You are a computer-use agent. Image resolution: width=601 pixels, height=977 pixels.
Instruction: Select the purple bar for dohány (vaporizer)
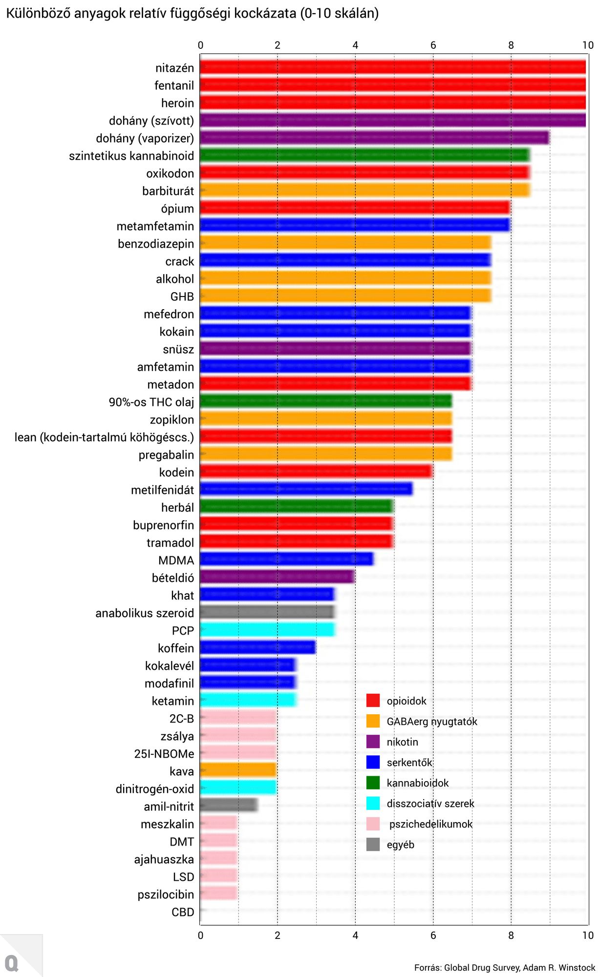374,138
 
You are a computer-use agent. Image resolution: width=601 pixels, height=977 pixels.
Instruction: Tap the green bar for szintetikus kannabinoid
365,155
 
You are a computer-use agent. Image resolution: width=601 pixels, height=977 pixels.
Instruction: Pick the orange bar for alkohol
345,278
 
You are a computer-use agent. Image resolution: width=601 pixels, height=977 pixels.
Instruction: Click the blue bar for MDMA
286,560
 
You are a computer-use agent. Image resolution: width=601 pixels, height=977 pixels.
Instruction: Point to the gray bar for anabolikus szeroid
267,613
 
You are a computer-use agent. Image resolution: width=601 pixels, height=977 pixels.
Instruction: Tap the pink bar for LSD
218,876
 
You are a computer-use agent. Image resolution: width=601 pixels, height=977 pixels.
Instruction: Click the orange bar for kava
238,771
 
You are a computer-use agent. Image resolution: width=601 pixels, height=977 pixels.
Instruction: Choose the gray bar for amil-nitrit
228,806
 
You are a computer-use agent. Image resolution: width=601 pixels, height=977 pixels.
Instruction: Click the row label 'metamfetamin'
155,226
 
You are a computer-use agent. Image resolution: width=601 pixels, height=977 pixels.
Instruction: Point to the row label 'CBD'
182,912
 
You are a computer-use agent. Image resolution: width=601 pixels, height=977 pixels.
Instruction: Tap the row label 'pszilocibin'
165,894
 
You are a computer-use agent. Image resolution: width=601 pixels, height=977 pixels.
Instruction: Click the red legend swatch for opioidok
373,701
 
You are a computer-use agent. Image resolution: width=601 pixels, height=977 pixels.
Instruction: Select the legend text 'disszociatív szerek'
430,804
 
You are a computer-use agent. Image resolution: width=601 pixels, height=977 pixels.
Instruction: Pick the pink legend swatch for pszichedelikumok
373,824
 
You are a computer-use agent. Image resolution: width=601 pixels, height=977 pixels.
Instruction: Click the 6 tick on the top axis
433,45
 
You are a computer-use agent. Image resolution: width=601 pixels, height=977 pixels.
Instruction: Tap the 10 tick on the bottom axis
588,935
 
